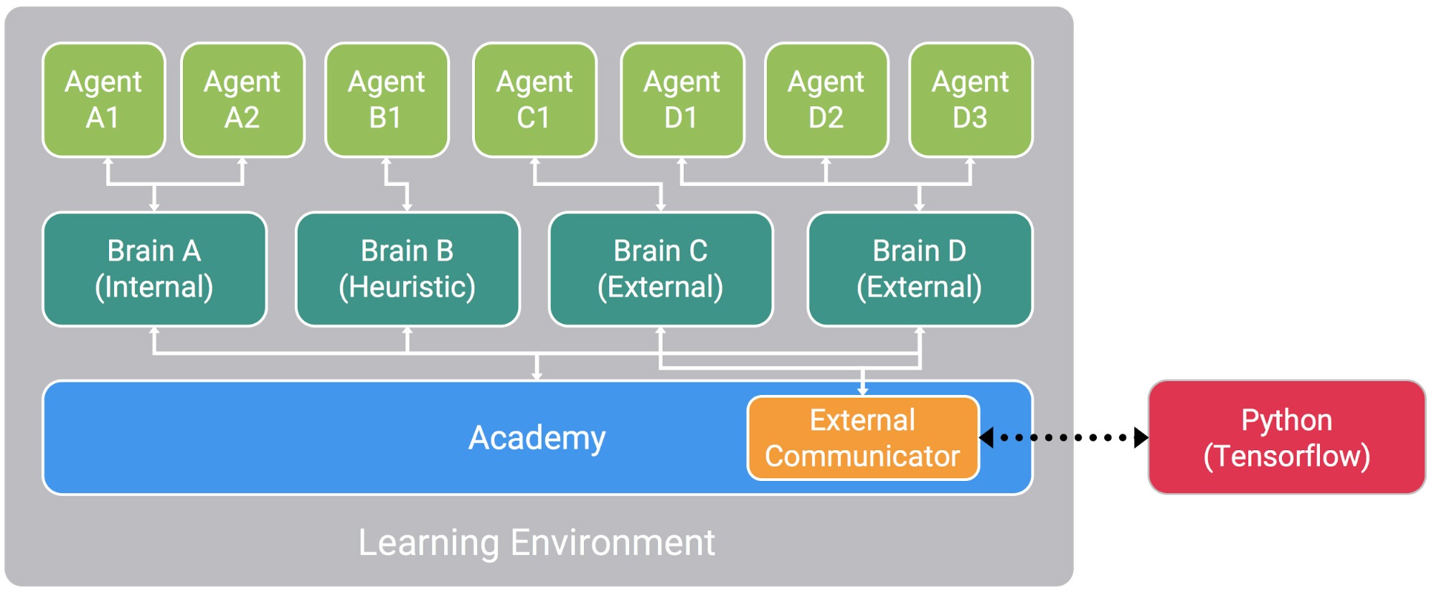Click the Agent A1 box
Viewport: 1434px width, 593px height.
point(104,100)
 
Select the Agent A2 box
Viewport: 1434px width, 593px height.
point(242,100)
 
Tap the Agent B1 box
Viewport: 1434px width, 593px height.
point(387,100)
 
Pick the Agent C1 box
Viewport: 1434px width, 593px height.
point(534,100)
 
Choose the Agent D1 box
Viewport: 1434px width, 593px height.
point(681,100)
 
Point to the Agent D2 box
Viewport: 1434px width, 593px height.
point(826,100)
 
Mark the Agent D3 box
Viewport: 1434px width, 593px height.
point(971,100)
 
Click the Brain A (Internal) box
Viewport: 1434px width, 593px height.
point(154,269)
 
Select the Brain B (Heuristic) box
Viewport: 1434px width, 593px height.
point(407,269)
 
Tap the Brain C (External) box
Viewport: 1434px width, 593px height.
point(661,269)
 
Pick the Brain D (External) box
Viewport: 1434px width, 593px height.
point(920,269)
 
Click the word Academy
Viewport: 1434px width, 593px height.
point(537,438)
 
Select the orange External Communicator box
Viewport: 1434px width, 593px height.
point(863,438)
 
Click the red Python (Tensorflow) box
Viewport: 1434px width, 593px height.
point(1286,438)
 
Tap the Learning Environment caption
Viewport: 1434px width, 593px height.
point(537,543)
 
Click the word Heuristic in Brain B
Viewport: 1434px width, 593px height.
point(407,287)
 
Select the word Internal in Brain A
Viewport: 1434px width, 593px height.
point(154,287)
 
